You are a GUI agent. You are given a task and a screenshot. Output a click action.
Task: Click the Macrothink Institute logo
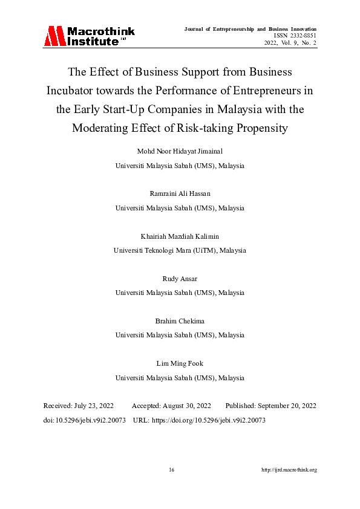click(x=89, y=36)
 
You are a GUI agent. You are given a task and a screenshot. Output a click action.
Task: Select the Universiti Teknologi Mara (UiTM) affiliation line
click(x=180, y=250)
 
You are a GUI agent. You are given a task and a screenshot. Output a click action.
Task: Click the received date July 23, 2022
click(x=96, y=406)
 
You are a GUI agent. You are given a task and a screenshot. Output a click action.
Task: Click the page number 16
click(x=172, y=470)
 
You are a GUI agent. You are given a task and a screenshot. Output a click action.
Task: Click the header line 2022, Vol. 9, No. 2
click(x=290, y=44)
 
